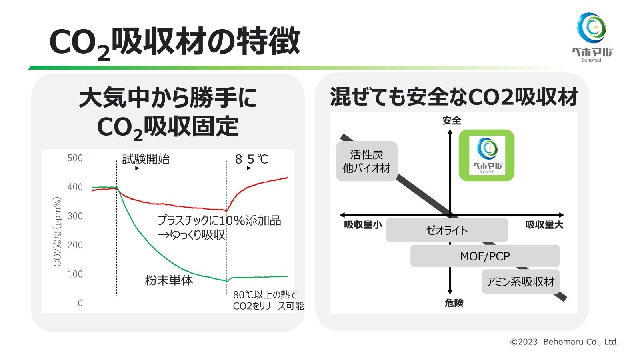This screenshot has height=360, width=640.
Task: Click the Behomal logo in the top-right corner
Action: click(591, 37)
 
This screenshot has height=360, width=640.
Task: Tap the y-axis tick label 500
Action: click(75, 158)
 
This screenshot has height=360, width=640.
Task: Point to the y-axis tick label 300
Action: click(75, 216)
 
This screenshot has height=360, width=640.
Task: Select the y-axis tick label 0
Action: click(80, 303)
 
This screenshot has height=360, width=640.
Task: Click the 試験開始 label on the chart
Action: click(146, 159)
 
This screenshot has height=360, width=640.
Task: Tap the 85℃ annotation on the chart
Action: click(251, 159)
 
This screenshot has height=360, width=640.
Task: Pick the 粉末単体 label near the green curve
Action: click(169, 280)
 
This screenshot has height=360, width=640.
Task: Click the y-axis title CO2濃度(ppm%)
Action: click(58, 232)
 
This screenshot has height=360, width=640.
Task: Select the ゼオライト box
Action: click(447, 230)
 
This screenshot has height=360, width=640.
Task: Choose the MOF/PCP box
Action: click(485, 256)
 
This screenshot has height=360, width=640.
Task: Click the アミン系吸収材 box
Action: click(520, 282)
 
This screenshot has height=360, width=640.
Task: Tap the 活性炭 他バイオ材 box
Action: click(366, 161)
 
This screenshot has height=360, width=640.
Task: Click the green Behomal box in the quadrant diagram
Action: click(486, 155)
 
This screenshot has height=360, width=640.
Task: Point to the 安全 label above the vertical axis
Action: click(452, 120)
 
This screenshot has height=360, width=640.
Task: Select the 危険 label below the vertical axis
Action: click(454, 303)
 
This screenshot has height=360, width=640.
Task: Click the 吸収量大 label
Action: click(544, 225)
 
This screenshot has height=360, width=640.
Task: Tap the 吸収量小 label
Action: click(363, 225)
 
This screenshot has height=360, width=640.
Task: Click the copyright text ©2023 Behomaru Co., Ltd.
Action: click(564, 342)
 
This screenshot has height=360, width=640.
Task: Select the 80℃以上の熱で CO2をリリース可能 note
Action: click(268, 300)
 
